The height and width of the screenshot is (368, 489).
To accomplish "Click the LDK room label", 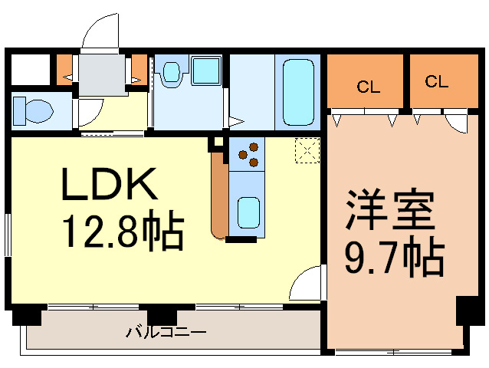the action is [x=110, y=184].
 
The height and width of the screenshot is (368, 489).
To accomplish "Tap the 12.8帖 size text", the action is [x=123, y=231].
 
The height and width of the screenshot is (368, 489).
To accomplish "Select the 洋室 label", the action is [x=390, y=209].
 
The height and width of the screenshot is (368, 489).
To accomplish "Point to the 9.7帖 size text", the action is [x=395, y=257].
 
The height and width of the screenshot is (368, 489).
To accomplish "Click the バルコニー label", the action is [x=166, y=331].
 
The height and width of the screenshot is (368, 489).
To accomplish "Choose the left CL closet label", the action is [x=369, y=87].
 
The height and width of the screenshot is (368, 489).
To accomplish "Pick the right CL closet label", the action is [x=436, y=81].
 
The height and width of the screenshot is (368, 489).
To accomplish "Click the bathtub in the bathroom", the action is [x=298, y=92].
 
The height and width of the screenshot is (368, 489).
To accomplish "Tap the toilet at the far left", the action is [x=33, y=111].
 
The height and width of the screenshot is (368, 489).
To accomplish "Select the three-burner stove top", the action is [x=247, y=154].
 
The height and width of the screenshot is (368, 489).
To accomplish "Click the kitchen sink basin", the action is [x=248, y=212].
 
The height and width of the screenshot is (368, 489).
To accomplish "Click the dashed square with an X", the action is [x=307, y=150].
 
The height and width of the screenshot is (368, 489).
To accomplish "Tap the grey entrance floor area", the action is [x=102, y=75].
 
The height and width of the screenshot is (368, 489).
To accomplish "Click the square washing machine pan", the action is [x=206, y=71].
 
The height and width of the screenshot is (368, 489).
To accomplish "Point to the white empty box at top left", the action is [x=31, y=70].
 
